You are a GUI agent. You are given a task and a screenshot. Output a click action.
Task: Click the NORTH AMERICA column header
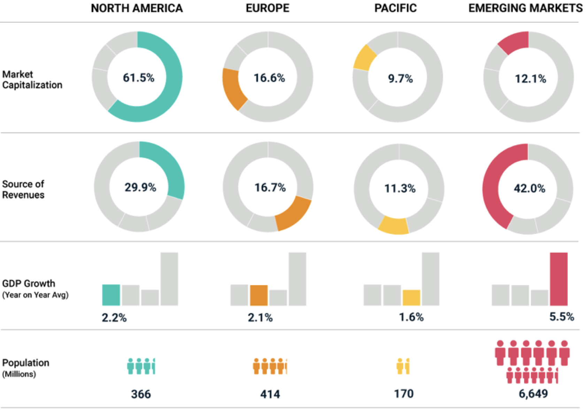pyautogui.click(x=137, y=8)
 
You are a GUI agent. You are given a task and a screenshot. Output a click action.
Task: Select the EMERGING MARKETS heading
pyautogui.click(x=525, y=8)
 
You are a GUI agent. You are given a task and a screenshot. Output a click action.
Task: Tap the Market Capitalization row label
pyautogui.click(x=32, y=79)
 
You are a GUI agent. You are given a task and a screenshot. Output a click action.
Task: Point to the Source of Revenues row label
pyautogui.click(x=23, y=189)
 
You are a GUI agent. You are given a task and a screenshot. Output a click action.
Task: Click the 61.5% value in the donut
pyautogui.click(x=138, y=77)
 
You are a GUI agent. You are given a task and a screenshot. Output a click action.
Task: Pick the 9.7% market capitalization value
pyautogui.click(x=400, y=78)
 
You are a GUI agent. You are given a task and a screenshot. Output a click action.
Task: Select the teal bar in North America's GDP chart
pyautogui.click(x=111, y=295)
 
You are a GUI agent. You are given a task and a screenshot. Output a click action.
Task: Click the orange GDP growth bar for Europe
pyautogui.click(x=259, y=295)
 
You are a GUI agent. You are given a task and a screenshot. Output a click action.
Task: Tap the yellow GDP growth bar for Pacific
pyautogui.click(x=411, y=297)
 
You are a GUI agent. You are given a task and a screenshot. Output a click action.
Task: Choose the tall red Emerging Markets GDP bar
pyautogui.click(x=559, y=279)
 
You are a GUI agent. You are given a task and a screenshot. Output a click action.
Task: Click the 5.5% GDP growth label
pyautogui.click(x=562, y=317)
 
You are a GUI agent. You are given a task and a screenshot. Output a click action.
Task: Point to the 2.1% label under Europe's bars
pyautogui.click(x=260, y=317)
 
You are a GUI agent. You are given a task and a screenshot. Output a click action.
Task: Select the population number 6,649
pyautogui.click(x=533, y=394)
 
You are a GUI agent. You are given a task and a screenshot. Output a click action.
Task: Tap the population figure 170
pyautogui.click(x=404, y=394)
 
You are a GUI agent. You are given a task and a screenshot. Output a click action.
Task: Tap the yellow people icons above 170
pyautogui.click(x=403, y=366)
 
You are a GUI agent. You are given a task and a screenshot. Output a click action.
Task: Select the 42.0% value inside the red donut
pyautogui.click(x=529, y=188)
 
